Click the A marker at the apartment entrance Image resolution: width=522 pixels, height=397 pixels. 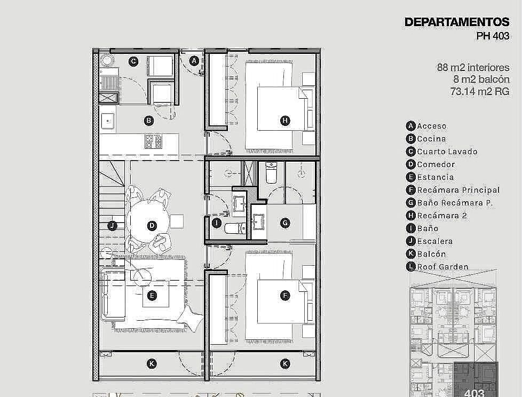(x=194, y=61)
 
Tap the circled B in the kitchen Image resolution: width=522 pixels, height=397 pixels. (x=149, y=121)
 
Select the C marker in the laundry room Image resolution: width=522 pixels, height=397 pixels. (x=133, y=61)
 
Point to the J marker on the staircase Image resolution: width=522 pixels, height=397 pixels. (x=112, y=226)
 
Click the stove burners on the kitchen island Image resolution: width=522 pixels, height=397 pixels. (x=153, y=141)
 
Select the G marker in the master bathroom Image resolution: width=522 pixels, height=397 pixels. (x=285, y=223)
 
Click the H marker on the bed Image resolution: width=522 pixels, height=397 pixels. (x=285, y=120)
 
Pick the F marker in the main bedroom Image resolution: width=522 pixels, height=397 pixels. (x=285, y=295)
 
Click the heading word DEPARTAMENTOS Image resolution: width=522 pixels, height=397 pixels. (x=457, y=22)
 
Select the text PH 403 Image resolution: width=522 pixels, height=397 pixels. (x=493, y=36)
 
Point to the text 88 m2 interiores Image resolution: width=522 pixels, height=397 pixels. (x=473, y=68)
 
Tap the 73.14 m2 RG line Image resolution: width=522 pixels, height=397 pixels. (x=480, y=91)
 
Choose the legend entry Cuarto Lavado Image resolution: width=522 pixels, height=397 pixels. (x=447, y=152)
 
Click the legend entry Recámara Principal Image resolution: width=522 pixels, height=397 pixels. (x=458, y=190)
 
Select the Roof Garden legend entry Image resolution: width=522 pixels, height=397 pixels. (x=443, y=267)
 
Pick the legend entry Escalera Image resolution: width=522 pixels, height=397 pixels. (x=435, y=241)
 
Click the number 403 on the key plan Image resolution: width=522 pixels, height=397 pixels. (x=474, y=393)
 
